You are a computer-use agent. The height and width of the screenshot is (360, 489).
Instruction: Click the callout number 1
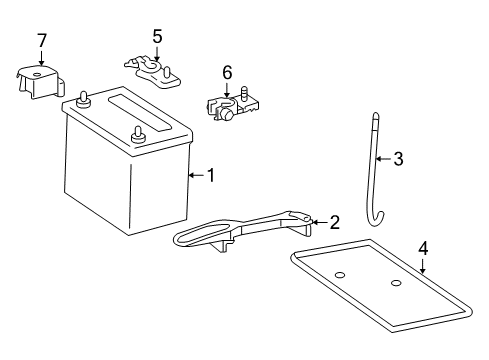210,176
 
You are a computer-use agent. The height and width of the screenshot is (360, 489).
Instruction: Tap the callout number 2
335,222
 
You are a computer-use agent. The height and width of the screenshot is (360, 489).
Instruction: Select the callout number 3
398,157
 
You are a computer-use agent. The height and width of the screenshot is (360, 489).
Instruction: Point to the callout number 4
423,247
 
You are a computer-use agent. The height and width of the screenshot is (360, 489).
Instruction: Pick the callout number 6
227,72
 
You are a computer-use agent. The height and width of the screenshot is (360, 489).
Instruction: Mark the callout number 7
41,40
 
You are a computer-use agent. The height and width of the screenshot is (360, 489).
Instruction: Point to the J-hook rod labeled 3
375,180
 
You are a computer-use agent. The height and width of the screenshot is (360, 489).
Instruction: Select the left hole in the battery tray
340,275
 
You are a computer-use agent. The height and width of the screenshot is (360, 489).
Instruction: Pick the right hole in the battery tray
396,285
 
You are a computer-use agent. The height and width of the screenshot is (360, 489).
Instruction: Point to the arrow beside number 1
195,176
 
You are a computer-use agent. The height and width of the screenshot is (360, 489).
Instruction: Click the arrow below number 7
41,58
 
